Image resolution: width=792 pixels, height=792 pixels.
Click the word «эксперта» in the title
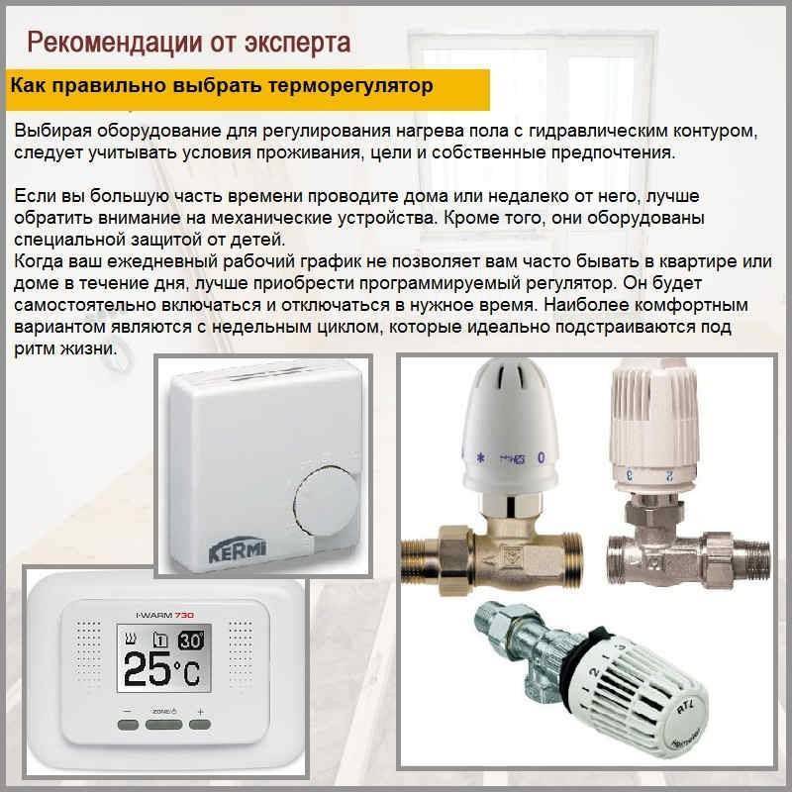point(298,44)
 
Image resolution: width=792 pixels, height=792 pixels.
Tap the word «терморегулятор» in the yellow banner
point(350,86)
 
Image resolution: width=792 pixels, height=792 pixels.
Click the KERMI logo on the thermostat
point(238,551)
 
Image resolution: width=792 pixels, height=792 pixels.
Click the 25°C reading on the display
point(162,670)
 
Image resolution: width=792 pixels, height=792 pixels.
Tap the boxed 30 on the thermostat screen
point(191,641)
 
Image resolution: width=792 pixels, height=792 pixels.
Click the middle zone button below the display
point(164,725)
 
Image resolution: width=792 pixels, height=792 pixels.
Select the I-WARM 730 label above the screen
point(165,615)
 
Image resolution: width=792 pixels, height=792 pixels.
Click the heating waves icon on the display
point(131,640)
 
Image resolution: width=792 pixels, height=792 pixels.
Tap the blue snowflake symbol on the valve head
point(481,458)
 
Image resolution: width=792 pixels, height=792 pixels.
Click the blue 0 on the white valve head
point(541,457)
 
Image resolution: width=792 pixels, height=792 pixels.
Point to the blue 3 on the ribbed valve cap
point(630,475)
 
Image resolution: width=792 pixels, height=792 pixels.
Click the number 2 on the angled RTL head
point(594,673)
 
